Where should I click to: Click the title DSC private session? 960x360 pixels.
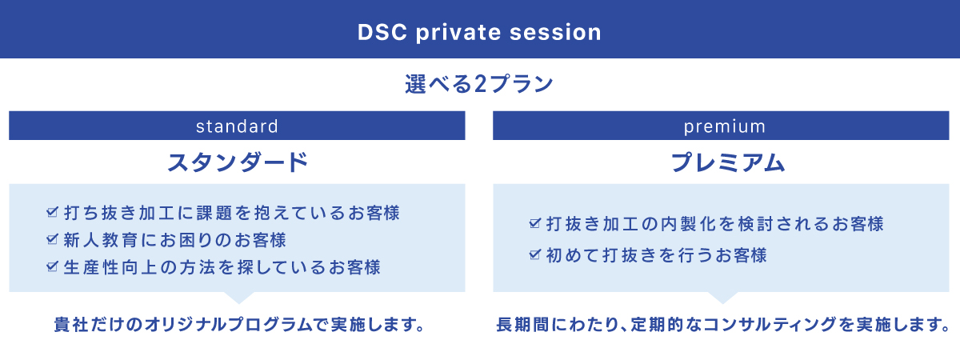[x=479, y=32]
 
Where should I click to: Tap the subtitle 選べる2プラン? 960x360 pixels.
[x=479, y=83]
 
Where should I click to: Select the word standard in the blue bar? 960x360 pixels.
[x=237, y=126]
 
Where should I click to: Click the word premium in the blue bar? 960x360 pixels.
[x=724, y=127]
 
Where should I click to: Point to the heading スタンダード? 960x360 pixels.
[x=238, y=162]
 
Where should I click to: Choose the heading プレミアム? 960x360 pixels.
[x=728, y=162]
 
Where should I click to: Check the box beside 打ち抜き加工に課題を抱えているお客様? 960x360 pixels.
[x=52, y=212]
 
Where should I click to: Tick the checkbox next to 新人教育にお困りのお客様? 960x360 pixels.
[x=52, y=239]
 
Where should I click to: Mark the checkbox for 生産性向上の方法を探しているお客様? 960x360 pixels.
[x=52, y=266]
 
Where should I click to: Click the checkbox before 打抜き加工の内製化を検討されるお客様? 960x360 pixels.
[x=535, y=223]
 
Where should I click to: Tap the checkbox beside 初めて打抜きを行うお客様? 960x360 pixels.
[x=535, y=254]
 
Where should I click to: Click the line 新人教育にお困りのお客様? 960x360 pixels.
[x=175, y=239]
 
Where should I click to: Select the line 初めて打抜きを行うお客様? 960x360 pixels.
[x=657, y=255]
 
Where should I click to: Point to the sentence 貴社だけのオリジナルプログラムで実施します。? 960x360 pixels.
[x=239, y=325]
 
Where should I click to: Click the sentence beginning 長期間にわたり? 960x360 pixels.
[x=723, y=325]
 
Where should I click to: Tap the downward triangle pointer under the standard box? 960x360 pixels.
[x=239, y=298]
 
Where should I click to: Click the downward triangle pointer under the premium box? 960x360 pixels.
[x=722, y=298]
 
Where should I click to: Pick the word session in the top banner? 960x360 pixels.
[x=555, y=32]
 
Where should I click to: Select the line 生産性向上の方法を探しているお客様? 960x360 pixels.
[x=222, y=267]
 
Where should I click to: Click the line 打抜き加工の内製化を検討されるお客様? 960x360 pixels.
[x=715, y=224]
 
